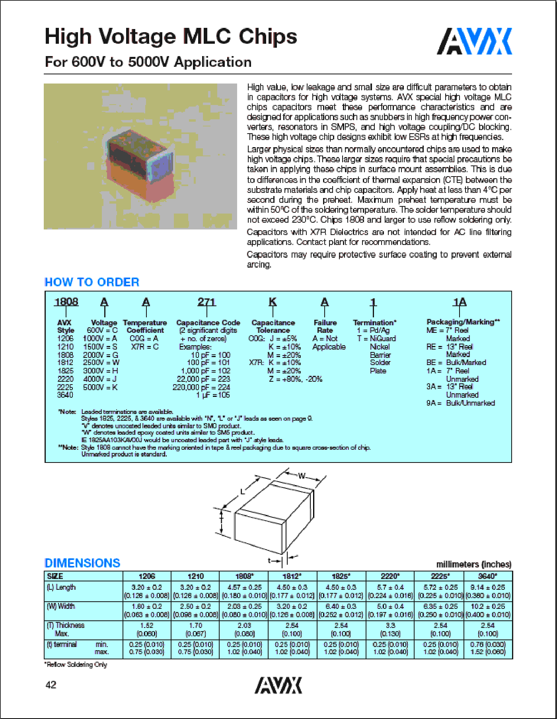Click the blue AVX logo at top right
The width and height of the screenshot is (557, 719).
pos(474,41)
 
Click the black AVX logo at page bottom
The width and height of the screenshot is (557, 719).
pos(278,685)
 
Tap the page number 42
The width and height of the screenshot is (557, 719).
pos(51,685)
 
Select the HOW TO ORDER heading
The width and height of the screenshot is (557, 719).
pos(92,282)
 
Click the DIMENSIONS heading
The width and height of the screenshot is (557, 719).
pos(82,563)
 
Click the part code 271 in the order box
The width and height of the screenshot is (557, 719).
pos(206,302)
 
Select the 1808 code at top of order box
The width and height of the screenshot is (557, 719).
pos(66,302)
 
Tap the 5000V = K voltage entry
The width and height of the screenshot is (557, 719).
pos(100,387)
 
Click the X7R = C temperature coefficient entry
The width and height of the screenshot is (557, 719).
pos(145,347)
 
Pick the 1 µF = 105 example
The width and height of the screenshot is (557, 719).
pos(213,395)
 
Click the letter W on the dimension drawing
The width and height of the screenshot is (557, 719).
pos(302,476)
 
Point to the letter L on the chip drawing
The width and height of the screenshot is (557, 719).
pos(242,492)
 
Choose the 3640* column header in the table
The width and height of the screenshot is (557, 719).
pos(487,576)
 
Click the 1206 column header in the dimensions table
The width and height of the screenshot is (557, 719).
pos(147,576)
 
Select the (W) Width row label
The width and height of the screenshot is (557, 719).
pos(61,606)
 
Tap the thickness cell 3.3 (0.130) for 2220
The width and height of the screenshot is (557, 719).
pos(390,629)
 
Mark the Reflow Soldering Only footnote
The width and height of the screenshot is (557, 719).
pos(76,665)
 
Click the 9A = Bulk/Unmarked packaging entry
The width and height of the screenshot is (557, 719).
pos(461,403)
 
